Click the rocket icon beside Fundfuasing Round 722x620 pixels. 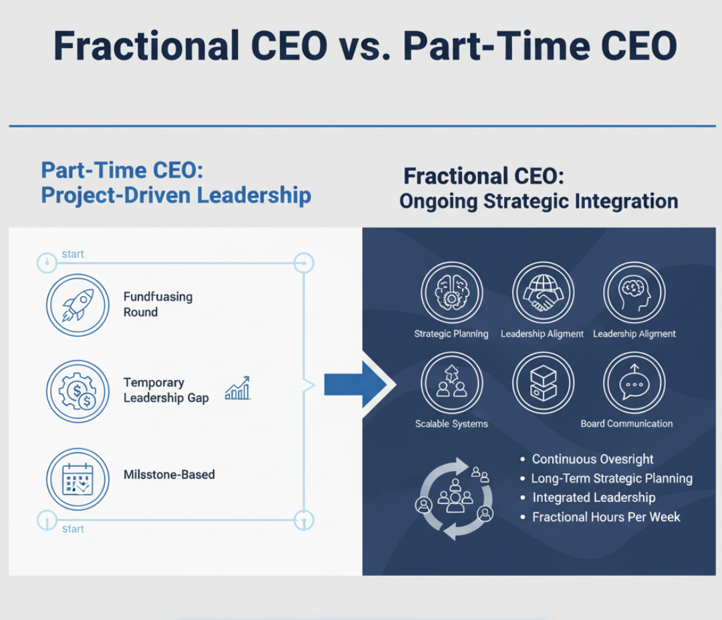pos(78,305)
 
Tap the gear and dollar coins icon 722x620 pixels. pos(78,391)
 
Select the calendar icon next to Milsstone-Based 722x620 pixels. pos(78,479)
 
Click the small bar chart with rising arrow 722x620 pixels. pos(238,388)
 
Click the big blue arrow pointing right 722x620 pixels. pos(354,384)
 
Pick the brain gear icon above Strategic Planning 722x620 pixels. pos(451,292)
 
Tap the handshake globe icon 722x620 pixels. pos(543,292)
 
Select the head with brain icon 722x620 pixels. pos(634,292)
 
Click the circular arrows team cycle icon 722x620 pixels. pos(455,498)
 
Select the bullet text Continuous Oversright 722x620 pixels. pos(592,460)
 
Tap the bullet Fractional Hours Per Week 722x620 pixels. pos(606,517)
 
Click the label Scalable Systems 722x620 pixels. pos(451,424)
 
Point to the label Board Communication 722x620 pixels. pos(626,424)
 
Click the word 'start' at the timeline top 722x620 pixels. pos(73,255)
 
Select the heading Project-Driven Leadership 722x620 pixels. pos(175,196)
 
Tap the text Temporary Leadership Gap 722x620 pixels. pos(166,390)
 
